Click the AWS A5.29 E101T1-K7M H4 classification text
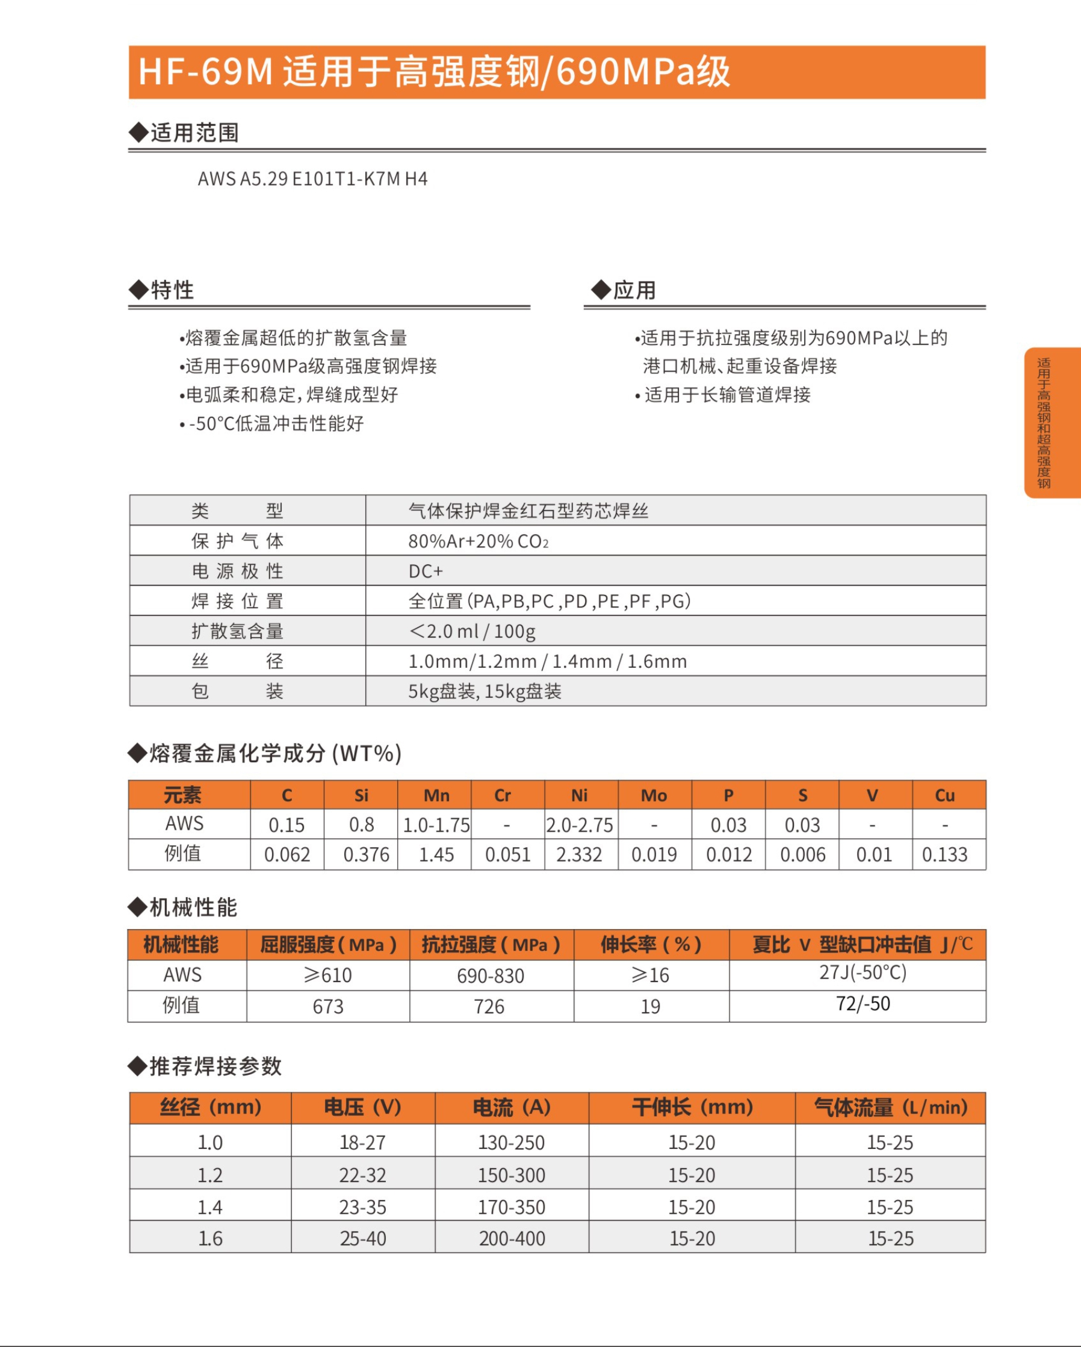[x=312, y=179]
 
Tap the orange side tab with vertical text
[x=1052, y=422]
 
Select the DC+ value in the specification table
[x=426, y=571]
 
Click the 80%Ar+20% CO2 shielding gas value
[x=479, y=541]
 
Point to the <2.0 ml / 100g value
[x=472, y=631]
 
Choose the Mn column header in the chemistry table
[x=436, y=795]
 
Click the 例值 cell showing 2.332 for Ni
[x=579, y=854]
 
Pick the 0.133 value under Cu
[x=944, y=854]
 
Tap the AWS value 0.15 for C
[x=287, y=826]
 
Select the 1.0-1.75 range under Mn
[x=436, y=826]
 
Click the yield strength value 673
[x=328, y=1007]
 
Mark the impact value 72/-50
[x=863, y=1004]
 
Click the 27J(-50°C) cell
[x=863, y=972]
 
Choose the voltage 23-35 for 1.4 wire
[x=363, y=1207]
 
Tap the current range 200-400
[x=512, y=1238]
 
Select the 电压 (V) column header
[x=362, y=1108]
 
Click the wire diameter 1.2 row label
[x=210, y=1175]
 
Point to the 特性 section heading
[x=172, y=290]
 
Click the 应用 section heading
[x=634, y=290]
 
